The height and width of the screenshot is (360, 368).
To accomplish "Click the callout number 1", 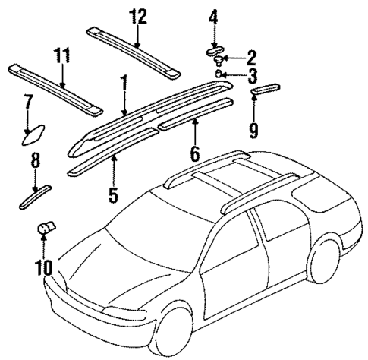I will (x=122, y=84).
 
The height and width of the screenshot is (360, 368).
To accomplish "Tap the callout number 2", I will (x=251, y=58).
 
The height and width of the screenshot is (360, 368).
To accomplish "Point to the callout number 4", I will (x=213, y=17).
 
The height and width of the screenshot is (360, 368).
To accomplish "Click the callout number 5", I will (x=112, y=194).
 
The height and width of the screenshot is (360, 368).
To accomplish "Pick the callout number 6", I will (x=194, y=153).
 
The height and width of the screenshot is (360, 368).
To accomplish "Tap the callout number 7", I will (x=27, y=103).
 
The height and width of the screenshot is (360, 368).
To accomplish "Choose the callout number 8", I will (x=35, y=160).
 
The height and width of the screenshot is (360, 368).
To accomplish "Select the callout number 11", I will (x=61, y=56).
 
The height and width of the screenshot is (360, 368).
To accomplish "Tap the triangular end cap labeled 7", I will (x=33, y=135).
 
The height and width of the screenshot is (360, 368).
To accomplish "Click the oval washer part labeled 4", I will (x=214, y=51).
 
